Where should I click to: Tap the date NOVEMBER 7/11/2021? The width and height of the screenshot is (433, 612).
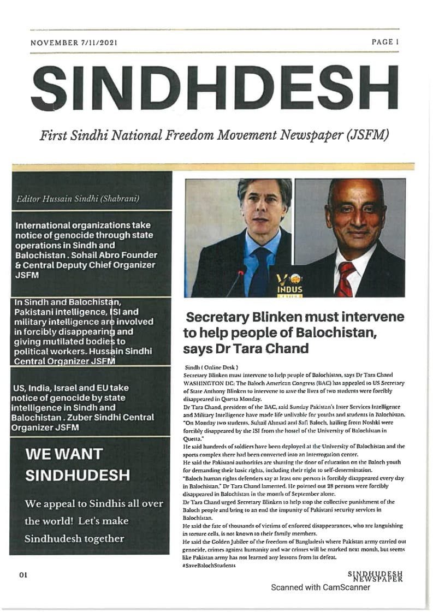tap(74, 42)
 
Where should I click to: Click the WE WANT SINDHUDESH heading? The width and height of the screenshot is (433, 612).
tap(77, 464)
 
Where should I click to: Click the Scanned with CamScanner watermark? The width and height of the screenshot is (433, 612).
tap(321, 587)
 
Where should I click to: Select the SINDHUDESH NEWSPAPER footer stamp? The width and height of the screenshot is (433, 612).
tap(375, 576)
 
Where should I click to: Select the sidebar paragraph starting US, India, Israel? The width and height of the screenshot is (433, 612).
tap(82, 408)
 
